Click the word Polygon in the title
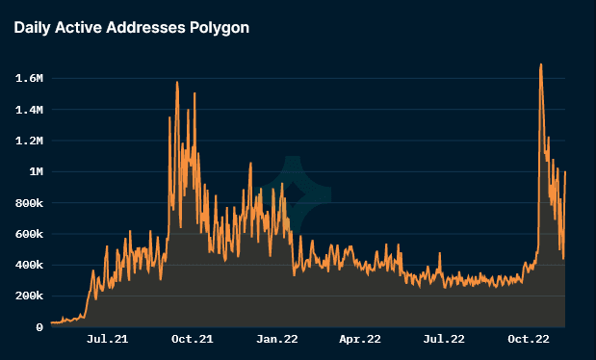[x=220, y=28]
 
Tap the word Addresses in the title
[x=145, y=27]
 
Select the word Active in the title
[x=78, y=27]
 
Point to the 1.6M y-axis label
[x=29, y=79]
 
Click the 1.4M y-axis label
[x=29, y=111]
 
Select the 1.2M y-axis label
[x=29, y=141]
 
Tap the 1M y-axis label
[x=37, y=172]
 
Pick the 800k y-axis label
[x=29, y=203]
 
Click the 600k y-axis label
[x=29, y=234]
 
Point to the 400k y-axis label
[x=29, y=265]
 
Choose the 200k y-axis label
[x=29, y=296]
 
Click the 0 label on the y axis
[x=39, y=327]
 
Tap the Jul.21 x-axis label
[x=107, y=339]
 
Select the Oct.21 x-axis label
[x=193, y=339]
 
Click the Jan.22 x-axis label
[x=277, y=339]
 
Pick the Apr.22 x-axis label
[x=360, y=339]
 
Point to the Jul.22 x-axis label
[x=444, y=339]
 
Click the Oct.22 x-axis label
[x=529, y=339]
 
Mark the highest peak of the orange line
[x=541, y=64]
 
